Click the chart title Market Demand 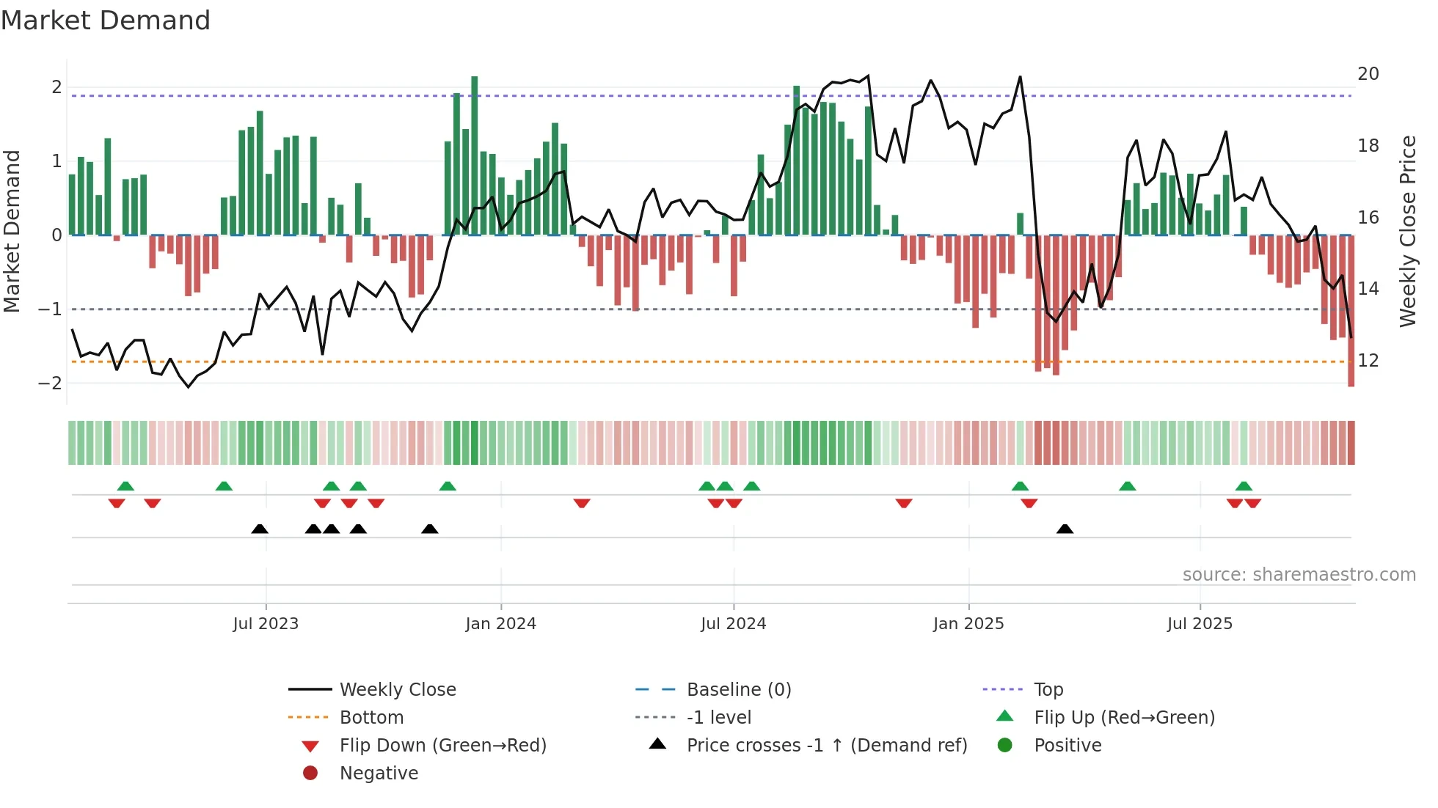[x=106, y=21]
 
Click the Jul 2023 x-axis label [x=266, y=624]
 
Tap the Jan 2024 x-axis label [x=500, y=624]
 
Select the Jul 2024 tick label [x=733, y=624]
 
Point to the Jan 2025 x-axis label [x=968, y=624]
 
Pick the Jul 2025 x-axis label [x=1200, y=624]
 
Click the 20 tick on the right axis [x=1368, y=74]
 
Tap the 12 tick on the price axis [x=1368, y=361]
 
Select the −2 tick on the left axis [x=50, y=383]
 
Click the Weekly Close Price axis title [x=1407, y=231]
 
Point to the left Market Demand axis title [x=12, y=231]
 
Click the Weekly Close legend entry [x=397, y=690]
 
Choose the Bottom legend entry [x=371, y=718]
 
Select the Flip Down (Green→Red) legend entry [x=442, y=746]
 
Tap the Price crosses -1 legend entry [x=826, y=746]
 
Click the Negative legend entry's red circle [x=310, y=774]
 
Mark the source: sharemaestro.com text [x=1299, y=575]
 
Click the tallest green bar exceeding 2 [x=475, y=154]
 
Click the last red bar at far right [x=1351, y=312]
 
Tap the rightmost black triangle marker [x=1065, y=529]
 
